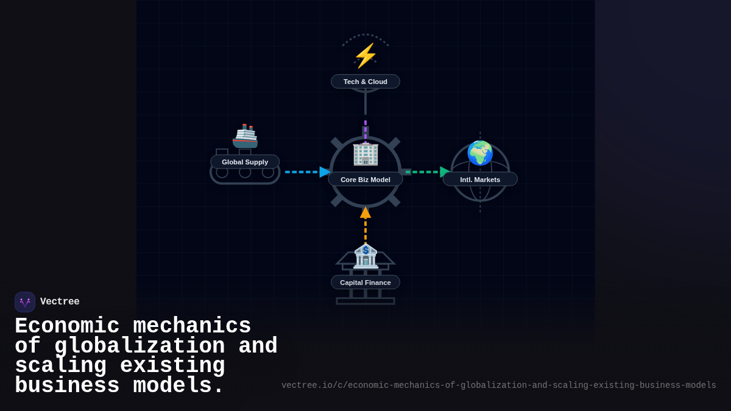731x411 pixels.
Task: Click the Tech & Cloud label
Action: pyautogui.click(x=365, y=82)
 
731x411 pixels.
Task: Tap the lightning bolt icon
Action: pyautogui.click(x=365, y=56)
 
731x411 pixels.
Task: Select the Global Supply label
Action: pyautogui.click(x=245, y=162)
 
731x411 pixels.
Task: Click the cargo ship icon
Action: pyautogui.click(x=245, y=136)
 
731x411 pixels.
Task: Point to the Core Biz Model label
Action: pyautogui.click(x=365, y=180)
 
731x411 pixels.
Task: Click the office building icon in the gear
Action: pyautogui.click(x=365, y=153)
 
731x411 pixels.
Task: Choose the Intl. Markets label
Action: pyautogui.click(x=480, y=180)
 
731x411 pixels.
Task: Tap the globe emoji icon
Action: pyautogui.click(x=480, y=153)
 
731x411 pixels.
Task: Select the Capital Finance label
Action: pyautogui.click(x=365, y=283)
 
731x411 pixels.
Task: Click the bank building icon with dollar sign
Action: pyautogui.click(x=365, y=256)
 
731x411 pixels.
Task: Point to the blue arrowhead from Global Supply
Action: pyautogui.click(x=325, y=172)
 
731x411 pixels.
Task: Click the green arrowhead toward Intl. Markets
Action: pyautogui.click(x=445, y=172)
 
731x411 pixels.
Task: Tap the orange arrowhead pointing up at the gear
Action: pyautogui.click(x=365, y=213)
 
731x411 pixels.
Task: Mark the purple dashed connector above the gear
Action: pyautogui.click(x=365, y=129)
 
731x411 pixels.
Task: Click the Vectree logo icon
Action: pyautogui.click(x=25, y=302)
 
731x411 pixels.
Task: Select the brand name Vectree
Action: pyautogui.click(x=60, y=302)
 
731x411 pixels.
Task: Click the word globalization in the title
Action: pyautogui.click(x=139, y=346)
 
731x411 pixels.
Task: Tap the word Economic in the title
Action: pyautogui.click(x=67, y=326)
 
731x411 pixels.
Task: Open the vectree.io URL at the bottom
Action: pyautogui.click(x=498, y=385)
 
